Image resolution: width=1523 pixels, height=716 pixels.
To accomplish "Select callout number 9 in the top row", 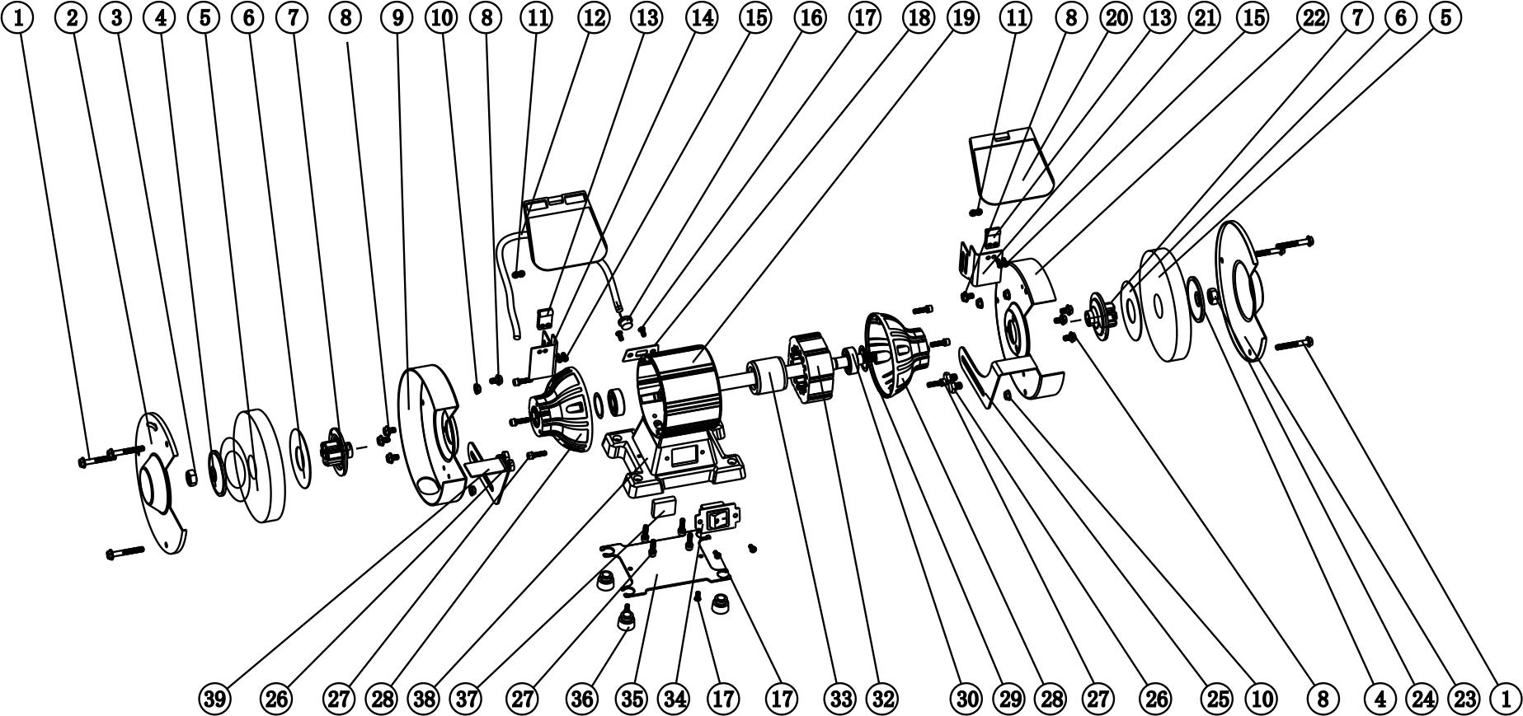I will click(x=397, y=17).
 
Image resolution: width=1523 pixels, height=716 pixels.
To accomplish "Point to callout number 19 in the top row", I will click(x=961, y=17).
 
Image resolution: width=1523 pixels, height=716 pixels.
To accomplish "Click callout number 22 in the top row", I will click(x=1311, y=17).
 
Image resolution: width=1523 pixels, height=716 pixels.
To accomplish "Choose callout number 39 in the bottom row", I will click(x=215, y=699).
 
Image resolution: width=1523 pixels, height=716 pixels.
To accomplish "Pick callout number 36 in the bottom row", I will click(x=582, y=699).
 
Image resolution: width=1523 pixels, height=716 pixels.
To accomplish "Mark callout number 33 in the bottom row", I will click(x=840, y=699).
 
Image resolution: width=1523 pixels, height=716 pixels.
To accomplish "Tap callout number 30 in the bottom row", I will click(x=967, y=699).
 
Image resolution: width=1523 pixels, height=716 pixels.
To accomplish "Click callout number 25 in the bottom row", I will click(x=1218, y=699).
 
